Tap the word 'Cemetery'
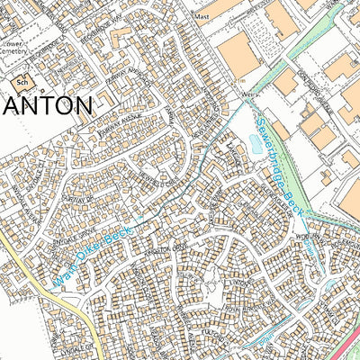14,52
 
